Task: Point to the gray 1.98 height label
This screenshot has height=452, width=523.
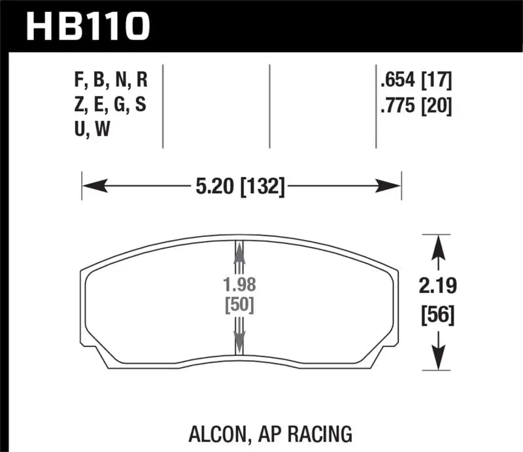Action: pos(239,286)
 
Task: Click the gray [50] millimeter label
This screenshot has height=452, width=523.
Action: pos(239,305)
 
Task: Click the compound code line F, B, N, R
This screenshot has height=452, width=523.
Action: pos(110,82)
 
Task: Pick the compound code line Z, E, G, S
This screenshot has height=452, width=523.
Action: pos(110,105)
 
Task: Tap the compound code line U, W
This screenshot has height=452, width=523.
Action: pos(93,130)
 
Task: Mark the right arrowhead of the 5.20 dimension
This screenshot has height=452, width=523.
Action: pos(390,187)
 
